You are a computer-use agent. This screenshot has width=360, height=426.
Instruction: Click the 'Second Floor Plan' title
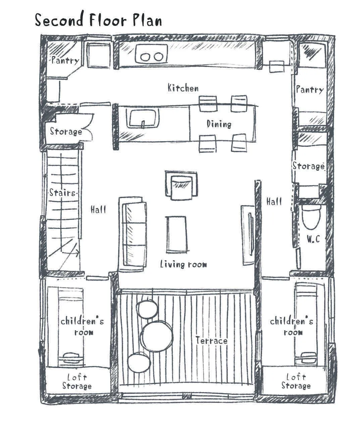pos(98,19)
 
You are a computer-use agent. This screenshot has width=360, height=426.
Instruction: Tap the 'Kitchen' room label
pos(183,88)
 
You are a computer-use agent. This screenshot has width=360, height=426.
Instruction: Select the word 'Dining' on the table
pos(219,124)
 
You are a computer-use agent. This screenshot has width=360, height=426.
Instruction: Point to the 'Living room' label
pos(184,264)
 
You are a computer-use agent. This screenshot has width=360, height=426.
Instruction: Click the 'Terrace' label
pos(211,340)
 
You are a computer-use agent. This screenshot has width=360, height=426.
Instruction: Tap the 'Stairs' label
pos(62,193)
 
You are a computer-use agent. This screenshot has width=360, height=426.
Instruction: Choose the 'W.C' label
pos(313,239)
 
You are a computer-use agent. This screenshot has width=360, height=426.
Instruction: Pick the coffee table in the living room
pos(177,234)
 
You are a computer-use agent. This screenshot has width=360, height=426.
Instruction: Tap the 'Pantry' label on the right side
pos(310,89)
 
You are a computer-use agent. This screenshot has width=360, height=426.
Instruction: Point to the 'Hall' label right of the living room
pos(274,202)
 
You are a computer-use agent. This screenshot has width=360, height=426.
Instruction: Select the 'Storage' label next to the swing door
pos(66,131)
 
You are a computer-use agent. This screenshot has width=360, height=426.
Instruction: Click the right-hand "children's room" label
pos(292,327)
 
